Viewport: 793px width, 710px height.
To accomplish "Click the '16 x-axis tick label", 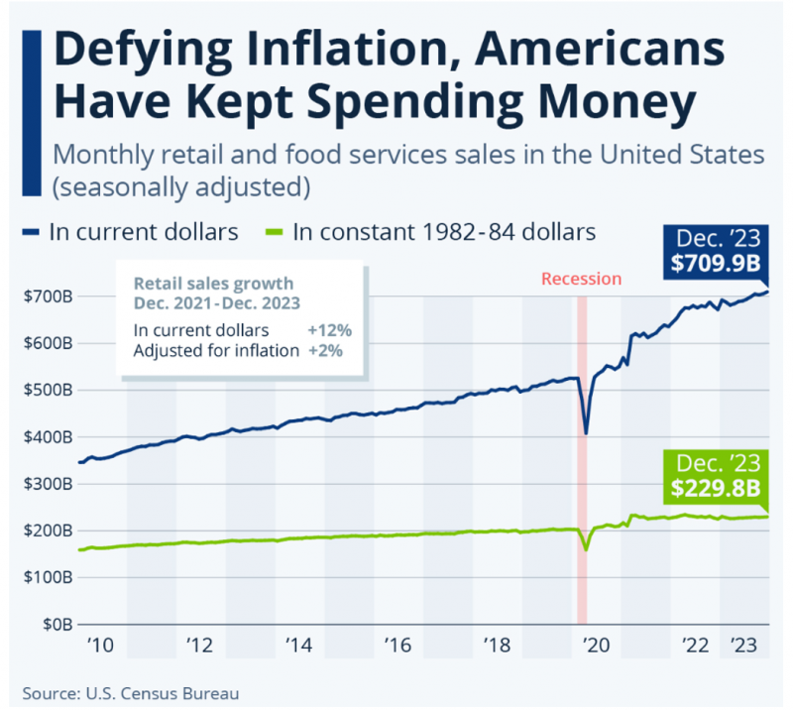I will click(396, 646).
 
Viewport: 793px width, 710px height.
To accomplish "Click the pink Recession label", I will click(581, 279).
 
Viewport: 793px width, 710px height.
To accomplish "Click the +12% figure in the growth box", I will click(331, 329).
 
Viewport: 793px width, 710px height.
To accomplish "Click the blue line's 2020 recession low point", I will click(586, 432).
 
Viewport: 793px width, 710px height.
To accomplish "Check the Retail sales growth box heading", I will click(214, 293).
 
